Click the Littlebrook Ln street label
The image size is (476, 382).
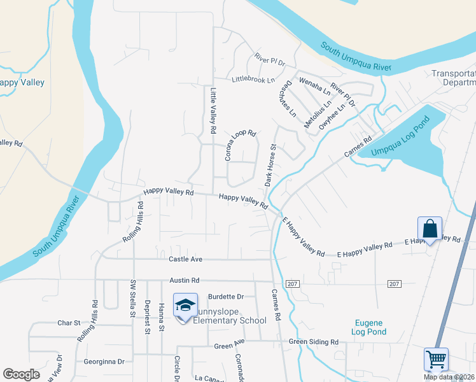click(x=253, y=80)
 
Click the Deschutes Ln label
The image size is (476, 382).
click(x=284, y=99)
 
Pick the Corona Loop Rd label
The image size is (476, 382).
click(x=240, y=145)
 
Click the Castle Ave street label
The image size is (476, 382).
click(x=185, y=259)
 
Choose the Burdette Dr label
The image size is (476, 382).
click(x=227, y=297)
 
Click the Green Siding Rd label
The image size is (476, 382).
click(x=314, y=342)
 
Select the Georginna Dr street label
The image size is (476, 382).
click(x=104, y=362)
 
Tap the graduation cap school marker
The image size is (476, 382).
click(x=185, y=306)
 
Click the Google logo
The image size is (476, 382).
click(x=21, y=374)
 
